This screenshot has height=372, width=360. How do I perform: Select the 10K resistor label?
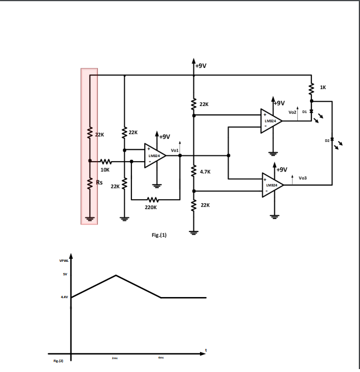tap(105, 169)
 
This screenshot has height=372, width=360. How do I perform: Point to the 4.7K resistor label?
tap(205, 172)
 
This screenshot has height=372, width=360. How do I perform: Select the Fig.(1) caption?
tap(160, 235)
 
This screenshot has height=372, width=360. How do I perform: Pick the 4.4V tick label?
tap(64, 298)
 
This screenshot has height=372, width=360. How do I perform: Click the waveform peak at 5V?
tap(116, 275)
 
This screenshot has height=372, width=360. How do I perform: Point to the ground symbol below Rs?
tap(89, 220)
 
